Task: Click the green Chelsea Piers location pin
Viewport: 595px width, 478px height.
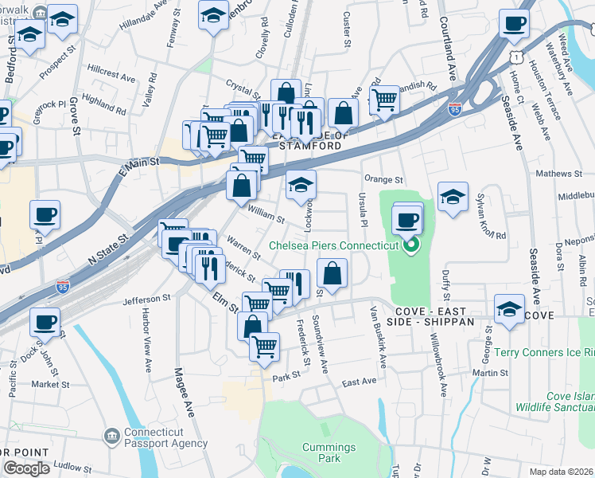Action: (x=410, y=246)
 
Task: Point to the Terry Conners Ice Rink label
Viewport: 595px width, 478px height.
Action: (x=544, y=352)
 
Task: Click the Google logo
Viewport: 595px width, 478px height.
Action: (x=25, y=468)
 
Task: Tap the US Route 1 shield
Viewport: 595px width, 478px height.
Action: (x=519, y=57)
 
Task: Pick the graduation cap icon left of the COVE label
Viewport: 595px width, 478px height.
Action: (x=509, y=308)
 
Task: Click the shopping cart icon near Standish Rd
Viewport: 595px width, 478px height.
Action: (x=384, y=100)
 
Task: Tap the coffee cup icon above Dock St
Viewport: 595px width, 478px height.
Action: (x=45, y=322)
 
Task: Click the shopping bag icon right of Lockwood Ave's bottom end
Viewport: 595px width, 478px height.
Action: (x=332, y=273)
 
